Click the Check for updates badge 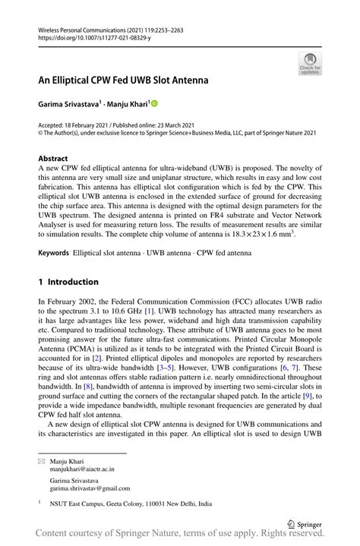click(x=310, y=64)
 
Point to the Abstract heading click(x=53, y=159)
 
